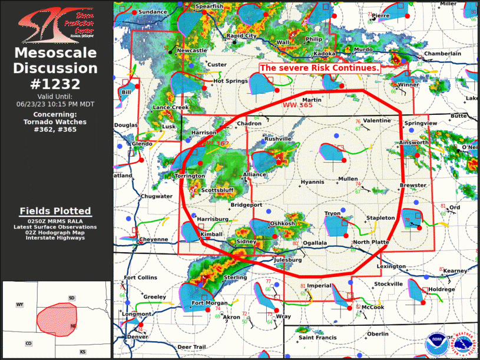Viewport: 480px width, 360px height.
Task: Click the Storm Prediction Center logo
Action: [56, 24]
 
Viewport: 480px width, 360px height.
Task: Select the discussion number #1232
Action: [56, 83]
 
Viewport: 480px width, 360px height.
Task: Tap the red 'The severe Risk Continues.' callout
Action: [320, 68]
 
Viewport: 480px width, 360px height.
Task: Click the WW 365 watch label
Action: [297, 104]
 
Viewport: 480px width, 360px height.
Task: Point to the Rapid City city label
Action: [241, 36]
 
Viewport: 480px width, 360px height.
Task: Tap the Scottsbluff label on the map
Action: [217, 191]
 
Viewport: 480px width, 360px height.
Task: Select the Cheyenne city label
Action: [153, 240]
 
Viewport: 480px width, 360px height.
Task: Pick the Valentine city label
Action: [376, 121]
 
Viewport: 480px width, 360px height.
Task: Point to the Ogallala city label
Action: [315, 243]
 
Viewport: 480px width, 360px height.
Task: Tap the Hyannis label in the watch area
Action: [312, 182]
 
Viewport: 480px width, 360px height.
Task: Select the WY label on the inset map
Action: [19, 305]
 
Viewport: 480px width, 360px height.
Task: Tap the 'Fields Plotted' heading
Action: [56, 211]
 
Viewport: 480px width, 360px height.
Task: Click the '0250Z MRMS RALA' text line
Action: [56, 221]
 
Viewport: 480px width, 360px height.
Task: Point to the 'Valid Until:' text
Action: [56, 97]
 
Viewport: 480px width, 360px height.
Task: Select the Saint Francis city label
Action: [317, 338]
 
